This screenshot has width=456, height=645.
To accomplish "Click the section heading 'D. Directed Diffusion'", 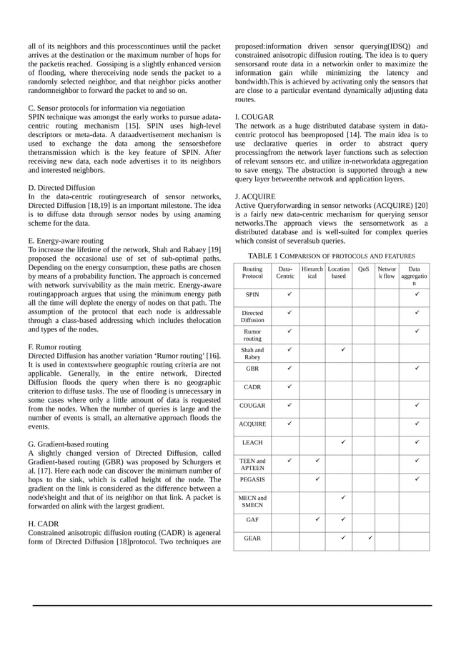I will (62, 187).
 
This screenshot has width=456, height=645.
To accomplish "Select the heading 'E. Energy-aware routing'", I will (65, 241).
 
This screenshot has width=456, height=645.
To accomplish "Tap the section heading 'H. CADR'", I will (44, 523).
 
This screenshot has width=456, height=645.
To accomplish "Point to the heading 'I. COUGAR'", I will (255, 116).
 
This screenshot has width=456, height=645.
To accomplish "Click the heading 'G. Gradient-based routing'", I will (68, 444).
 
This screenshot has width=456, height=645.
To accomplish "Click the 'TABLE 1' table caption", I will (331, 255).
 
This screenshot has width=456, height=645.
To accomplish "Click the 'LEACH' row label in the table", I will (252, 443).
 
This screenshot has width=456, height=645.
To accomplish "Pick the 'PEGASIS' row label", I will (252, 479).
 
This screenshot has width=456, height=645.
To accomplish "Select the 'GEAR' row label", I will (252, 539).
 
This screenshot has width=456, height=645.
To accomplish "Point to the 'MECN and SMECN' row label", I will (252, 501).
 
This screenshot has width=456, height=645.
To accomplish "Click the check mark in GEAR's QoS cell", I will (370, 537).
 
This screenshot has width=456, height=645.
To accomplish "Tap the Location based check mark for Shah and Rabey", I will (344, 350).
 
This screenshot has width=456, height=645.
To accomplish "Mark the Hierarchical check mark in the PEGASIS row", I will (317, 479).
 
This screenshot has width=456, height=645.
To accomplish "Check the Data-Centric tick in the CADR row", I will (289, 386).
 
